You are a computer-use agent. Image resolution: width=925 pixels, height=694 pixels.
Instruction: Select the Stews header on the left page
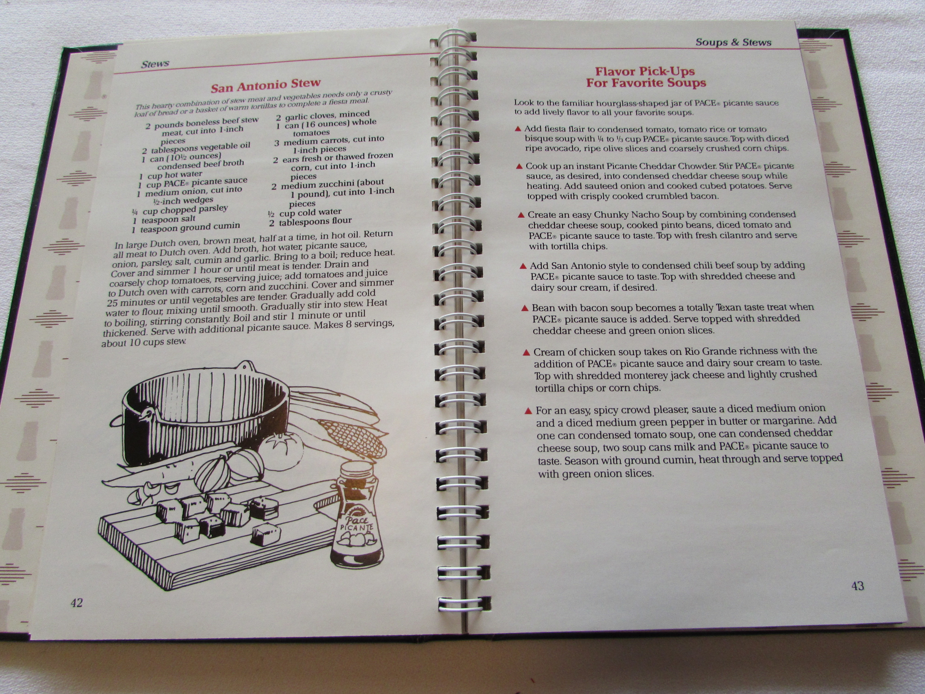[x=155, y=64]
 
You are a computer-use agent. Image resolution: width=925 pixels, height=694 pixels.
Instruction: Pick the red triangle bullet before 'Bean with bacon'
[x=525, y=308]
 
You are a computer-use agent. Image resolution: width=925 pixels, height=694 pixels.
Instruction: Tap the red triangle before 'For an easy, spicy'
[x=528, y=411]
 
